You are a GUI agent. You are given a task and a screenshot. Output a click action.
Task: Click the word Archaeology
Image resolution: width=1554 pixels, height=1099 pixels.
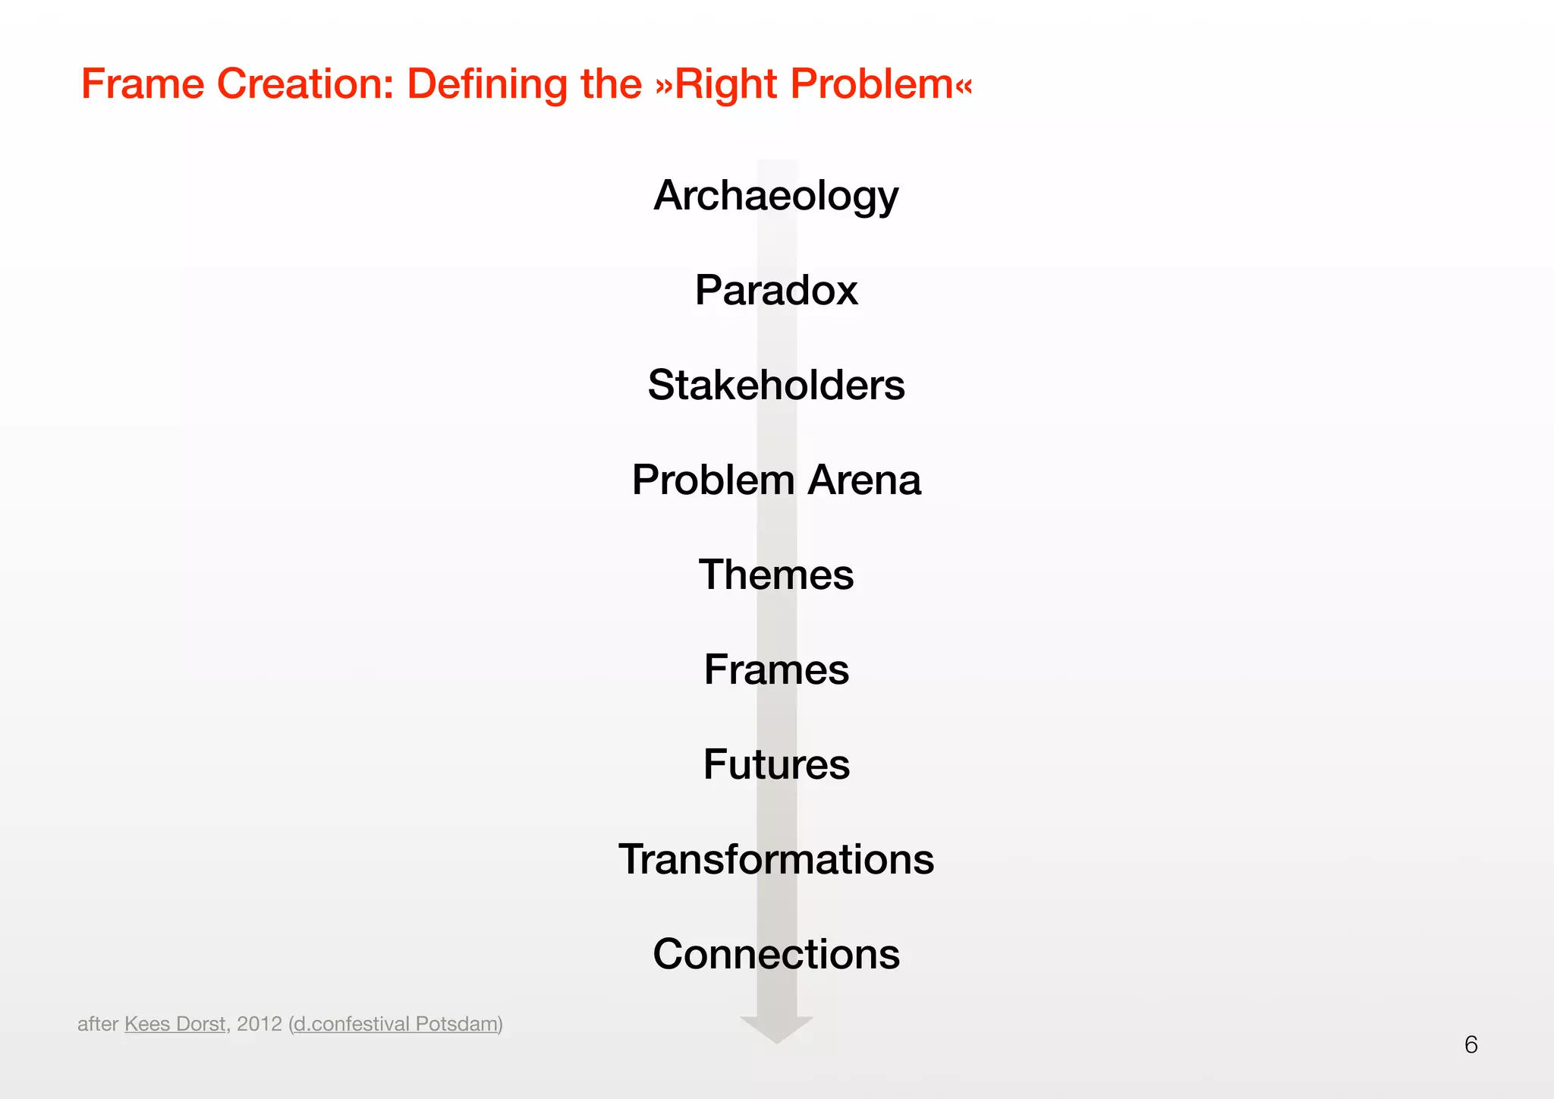click(775, 196)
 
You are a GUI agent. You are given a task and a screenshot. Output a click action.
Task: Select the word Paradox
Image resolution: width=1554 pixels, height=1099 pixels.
click(775, 290)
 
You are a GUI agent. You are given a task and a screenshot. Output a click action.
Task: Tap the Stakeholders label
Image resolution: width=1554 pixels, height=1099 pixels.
click(775, 385)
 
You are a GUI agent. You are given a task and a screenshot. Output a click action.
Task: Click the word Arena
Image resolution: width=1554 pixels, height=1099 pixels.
click(864, 480)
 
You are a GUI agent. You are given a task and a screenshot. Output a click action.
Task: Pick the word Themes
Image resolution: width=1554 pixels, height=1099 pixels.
click(775, 575)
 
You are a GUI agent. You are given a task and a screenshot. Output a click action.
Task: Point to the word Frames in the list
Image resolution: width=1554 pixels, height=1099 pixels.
click(775, 669)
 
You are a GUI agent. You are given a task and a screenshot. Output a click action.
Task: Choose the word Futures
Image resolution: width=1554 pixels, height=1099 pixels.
click(775, 764)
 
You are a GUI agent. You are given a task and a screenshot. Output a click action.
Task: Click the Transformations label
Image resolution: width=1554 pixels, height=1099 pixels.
click(775, 859)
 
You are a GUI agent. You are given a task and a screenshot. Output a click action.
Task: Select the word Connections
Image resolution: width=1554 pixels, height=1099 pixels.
click(775, 954)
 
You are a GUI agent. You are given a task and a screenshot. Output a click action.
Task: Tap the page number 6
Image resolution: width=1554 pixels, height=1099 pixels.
click(1471, 1045)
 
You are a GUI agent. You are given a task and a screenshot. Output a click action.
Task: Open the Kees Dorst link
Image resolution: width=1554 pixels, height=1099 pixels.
click(175, 1024)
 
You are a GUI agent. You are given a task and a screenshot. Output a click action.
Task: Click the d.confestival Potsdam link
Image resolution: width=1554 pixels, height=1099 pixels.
click(395, 1024)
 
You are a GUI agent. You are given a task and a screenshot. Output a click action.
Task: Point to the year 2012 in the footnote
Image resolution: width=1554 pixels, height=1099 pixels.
click(259, 1024)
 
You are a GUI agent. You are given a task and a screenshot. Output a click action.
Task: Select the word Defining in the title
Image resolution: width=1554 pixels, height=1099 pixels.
click(486, 83)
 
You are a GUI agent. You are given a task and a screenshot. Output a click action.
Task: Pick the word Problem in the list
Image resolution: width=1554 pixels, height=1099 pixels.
click(713, 480)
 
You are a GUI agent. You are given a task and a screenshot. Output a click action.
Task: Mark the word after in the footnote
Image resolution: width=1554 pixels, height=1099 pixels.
click(98, 1024)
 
